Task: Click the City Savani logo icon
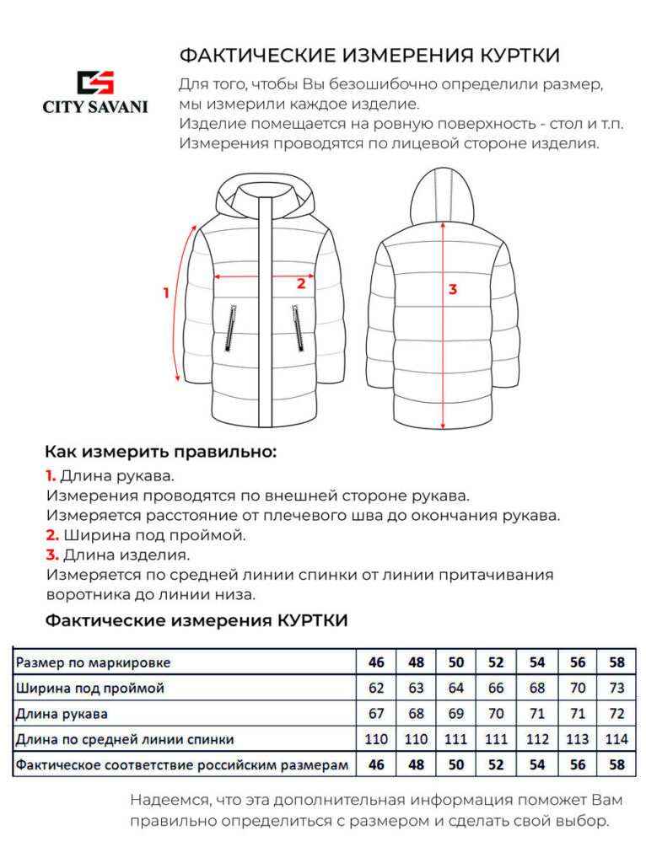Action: [x=94, y=82]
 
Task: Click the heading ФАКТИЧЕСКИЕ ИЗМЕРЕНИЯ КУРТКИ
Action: [x=369, y=56]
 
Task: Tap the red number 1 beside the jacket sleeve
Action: [x=166, y=293]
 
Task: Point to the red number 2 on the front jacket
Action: [x=300, y=284]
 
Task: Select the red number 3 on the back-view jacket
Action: [x=453, y=289]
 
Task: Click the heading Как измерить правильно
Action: [x=160, y=451]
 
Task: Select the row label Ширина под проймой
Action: [x=90, y=688]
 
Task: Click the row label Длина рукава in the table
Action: [x=62, y=714]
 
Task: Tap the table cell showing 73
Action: [x=617, y=688]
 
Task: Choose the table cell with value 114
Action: [x=617, y=739]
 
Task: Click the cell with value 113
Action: [x=578, y=739]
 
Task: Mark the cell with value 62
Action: [x=376, y=688]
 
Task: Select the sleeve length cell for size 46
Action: [x=376, y=714]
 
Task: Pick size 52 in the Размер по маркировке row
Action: [x=496, y=662]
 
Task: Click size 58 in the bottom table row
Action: [x=617, y=765]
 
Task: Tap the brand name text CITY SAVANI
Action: [x=95, y=107]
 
